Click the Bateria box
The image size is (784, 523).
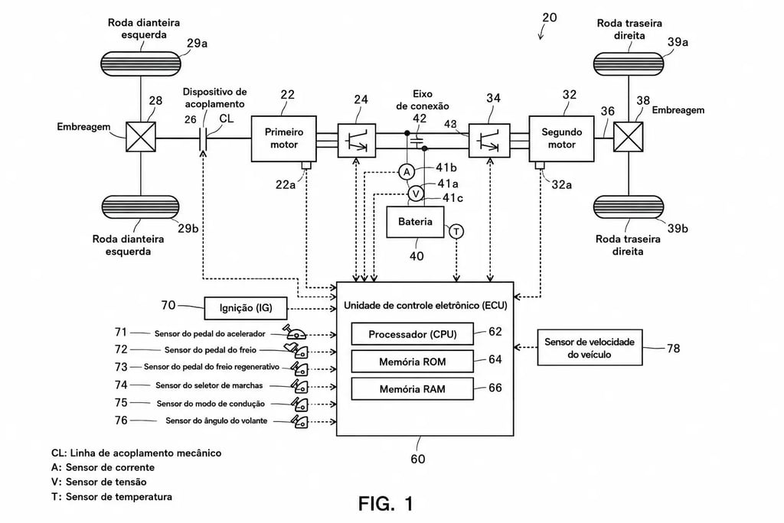click(x=415, y=222)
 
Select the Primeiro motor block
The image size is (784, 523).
click(x=283, y=138)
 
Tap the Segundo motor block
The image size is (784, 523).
click(x=561, y=138)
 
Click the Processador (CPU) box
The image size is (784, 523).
click(x=413, y=334)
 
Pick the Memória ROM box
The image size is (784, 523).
click(x=413, y=362)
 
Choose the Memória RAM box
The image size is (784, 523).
click(x=413, y=388)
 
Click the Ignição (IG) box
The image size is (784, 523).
click(x=246, y=307)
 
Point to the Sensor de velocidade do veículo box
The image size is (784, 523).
click(x=590, y=348)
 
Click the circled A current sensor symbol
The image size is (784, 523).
click(x=407, y=172)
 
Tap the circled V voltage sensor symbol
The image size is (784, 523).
click(x=416, y=193)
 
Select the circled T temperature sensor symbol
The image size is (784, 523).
click(x=456, y=231)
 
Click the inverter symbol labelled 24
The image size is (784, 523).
click(x=357, y=141)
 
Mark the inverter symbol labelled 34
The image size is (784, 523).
click(x=489, y=141)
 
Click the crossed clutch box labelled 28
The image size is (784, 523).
click(x=141, y=137)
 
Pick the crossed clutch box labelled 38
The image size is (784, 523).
click(x=628, y=137)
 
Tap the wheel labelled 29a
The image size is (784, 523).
click(x=141, y=64)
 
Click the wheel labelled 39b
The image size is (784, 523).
click(x=629, y=207)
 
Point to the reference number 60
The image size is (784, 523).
click(x=418, y=459)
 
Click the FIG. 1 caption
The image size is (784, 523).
click(x=386, y=504)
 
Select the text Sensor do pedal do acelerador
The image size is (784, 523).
click(x=210, y=333)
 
